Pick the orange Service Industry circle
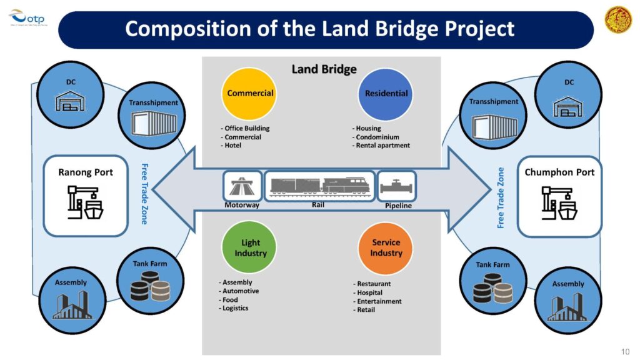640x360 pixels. click(x=386, y=248)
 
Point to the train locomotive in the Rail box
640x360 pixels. click(x=344, y=185)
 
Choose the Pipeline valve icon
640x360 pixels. click(x=397, y=186)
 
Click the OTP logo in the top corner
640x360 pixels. click(x=23, y=18)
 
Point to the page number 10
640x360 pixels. click(x=626, y=350)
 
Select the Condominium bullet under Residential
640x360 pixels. click(x=377, y=137)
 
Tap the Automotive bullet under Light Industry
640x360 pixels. click(x=241, y=291)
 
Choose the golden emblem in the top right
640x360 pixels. click(x=617, y=19)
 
